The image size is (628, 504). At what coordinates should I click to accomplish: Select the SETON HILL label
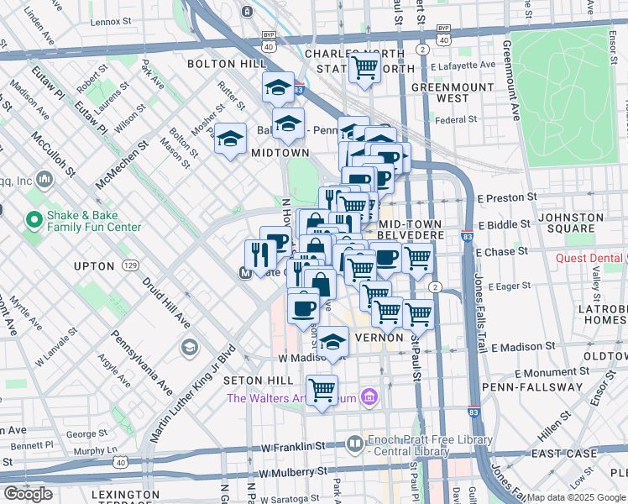tap(257, 381)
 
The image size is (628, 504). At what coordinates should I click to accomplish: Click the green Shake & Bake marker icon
tap(34, 221)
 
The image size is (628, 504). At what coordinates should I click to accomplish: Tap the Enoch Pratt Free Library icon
tap(355, 443)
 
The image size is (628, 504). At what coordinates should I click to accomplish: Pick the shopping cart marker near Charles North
tap(365, 66)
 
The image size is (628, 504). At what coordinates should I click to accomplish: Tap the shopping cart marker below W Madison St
tap(322, 390)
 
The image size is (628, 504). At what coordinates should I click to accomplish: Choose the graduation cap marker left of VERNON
tap(332, 340)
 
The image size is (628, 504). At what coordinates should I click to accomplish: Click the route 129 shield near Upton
tap(129, 265)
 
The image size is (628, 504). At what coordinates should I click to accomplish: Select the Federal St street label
tap(456, 120)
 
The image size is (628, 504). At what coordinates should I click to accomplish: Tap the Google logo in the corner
tap(28, 493)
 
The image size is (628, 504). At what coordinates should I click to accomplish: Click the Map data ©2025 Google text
tap(576, 497)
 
